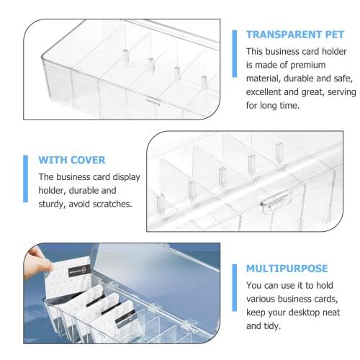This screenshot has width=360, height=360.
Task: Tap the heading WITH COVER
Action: pos(71,160)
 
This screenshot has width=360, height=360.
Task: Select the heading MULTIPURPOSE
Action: pos(287,268)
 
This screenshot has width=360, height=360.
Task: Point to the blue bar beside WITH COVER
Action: pos(26,181)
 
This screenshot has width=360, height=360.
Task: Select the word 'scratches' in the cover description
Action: pos(109,204)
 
